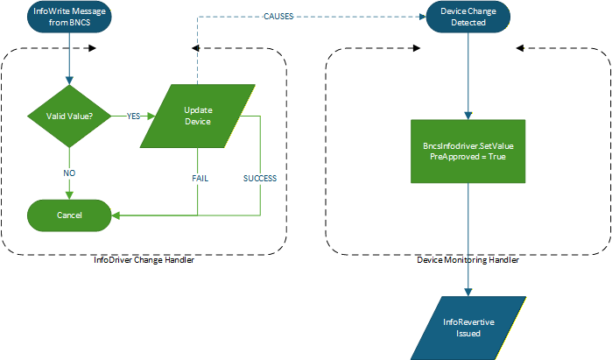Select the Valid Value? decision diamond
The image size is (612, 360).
coord(69,116)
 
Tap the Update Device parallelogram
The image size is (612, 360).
coord(199,116)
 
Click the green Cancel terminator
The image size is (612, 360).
coord(69,215)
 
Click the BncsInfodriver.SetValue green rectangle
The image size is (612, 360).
coord(468,151)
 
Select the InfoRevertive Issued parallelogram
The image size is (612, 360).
coord(468,328)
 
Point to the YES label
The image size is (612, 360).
coord(134,116)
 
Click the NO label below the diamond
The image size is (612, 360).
coord(69,173)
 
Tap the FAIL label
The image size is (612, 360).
coord(200,178)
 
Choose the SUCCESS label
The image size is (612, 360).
coord(260,178)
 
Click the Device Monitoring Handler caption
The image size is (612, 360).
coord(468,260)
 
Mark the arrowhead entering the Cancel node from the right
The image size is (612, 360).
coord(115,215)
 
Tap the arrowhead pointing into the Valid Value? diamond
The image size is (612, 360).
coord(69,81)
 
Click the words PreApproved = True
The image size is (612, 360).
coord(468,157)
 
